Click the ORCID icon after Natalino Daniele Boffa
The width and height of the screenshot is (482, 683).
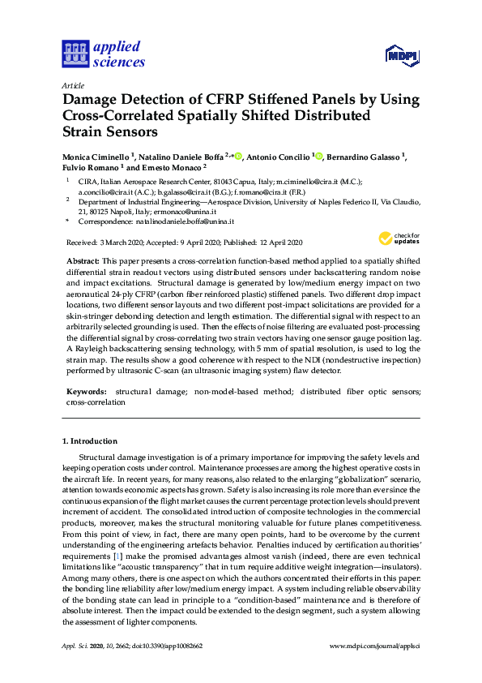[237, 156]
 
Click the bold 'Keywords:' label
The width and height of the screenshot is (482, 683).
[86, 392]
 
